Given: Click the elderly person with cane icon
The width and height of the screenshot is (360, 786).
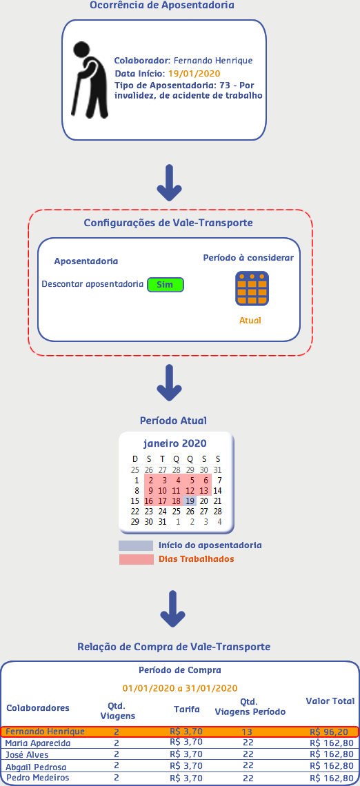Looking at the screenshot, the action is [89, 79].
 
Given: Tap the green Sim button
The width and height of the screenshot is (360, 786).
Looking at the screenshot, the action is [166, 285].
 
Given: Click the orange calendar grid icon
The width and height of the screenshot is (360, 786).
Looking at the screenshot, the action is [252, 288].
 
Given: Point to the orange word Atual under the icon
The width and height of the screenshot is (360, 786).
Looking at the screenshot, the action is [250, 321].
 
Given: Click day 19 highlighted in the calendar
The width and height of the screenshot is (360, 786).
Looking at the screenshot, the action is [190, 501].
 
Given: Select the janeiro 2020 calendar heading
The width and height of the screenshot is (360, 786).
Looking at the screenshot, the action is [174, 443].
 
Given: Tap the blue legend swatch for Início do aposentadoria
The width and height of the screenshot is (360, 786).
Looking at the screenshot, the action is [136, 545].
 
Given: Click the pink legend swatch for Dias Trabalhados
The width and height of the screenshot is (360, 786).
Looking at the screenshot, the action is [136, 559].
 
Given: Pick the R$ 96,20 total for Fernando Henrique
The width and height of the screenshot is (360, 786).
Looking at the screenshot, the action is [329, 732].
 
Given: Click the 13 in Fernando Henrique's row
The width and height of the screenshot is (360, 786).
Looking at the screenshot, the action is [247, 732].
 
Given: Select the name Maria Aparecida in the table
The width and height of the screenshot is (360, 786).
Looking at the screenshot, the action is [38, 743].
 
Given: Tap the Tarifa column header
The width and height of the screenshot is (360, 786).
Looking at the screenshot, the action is [186, 709].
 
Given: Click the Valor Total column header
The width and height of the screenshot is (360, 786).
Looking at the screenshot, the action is [330, 701].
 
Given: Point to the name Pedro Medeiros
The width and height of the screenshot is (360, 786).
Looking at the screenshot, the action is [38, 778].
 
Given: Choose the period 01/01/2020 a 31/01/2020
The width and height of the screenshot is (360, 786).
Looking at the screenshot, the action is [180, 688].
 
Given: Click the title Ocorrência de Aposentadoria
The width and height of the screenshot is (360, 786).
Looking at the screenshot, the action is [162, 6].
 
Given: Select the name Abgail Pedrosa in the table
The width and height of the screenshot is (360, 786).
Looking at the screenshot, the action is [36, 767].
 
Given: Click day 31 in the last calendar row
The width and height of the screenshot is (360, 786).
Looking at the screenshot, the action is [161, 522].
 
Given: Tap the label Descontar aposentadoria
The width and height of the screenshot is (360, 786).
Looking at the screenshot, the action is [92, 284].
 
